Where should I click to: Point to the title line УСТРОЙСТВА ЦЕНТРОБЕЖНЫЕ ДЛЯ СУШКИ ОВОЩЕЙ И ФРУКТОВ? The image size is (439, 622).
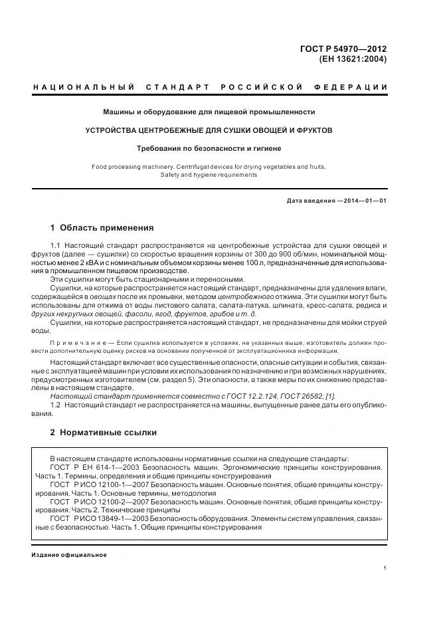pyautogui.click(x=209, y=130)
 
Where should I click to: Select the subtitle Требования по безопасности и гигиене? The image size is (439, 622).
pyautogui.click(x=209, y=149)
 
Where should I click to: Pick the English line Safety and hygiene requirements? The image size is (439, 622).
pyautogui.click(x=209, y=175)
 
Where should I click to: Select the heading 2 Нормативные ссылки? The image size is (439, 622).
pyautogui.click(x=104, y=432)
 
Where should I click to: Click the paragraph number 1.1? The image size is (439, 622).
pyautogui.click(x=56, y=246)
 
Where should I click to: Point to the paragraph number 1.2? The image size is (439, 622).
pyautogui.click(x=56, y=405)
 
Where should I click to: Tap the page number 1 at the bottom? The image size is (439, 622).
pyautogui.click(x=385, y=568)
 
